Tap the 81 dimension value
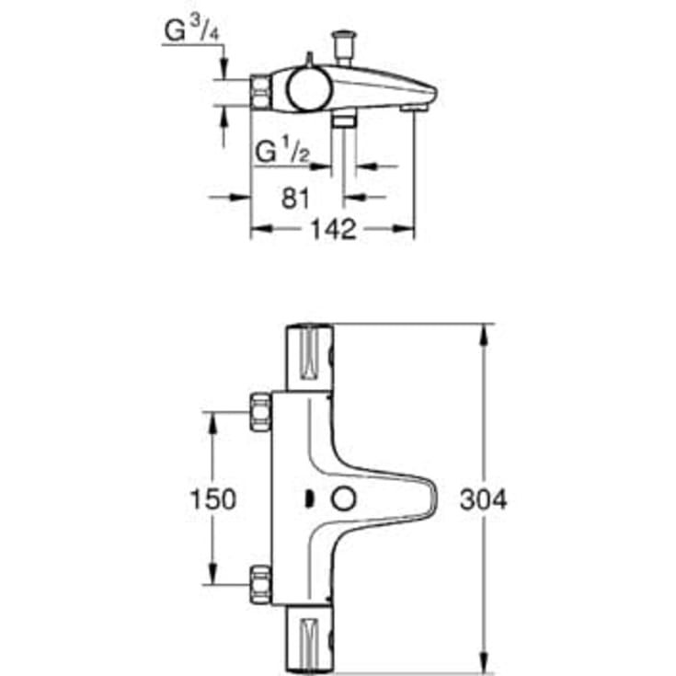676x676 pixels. [x=294, y=197]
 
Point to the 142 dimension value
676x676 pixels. [x=332, y=230]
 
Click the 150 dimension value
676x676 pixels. [x=212, y=498]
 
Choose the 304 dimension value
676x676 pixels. [x=482, y=498]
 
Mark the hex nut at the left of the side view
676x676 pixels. [x=261, y=91]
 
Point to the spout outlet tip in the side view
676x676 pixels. [x=415, y=108]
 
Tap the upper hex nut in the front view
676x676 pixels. [x=261, y=413]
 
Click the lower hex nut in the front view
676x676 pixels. [x=261, y=583]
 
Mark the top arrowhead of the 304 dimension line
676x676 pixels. [x=482, y=331]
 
